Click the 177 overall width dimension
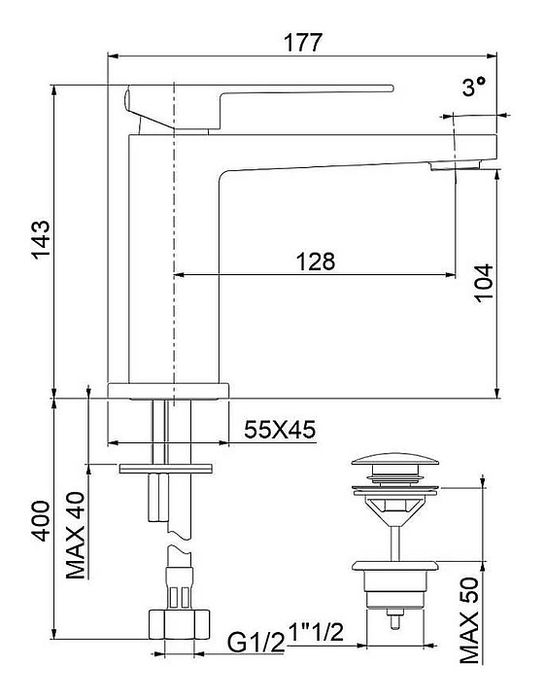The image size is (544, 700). [303, 43]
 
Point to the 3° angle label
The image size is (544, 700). [473, 87]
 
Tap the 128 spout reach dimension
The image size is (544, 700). [316, 262]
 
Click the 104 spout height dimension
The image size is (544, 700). [484, 284]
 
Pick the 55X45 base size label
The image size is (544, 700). [280, 430]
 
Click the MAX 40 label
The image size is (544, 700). [76, 536]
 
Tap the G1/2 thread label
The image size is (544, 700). [255, 643]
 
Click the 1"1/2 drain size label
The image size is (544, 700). [317, 632]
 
